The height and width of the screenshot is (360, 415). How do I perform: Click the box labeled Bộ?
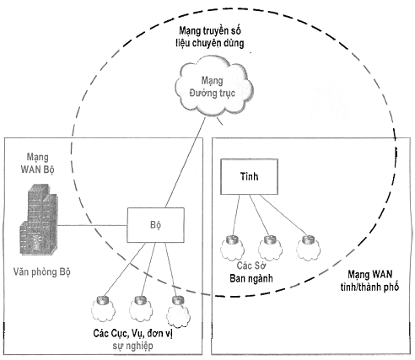(156, 225)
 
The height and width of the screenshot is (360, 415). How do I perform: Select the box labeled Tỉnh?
(249, 176)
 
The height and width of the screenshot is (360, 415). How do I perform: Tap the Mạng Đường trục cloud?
(213, 87)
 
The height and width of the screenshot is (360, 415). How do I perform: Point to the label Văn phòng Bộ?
(42, 272)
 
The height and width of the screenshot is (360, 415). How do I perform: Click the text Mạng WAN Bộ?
(37, 164)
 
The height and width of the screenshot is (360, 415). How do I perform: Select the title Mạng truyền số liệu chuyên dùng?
(210, 37)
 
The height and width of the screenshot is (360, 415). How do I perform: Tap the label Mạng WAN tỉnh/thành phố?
(369, 281)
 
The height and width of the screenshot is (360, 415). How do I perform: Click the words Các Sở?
(251, 265)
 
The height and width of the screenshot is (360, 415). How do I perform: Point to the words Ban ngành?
(251, 278)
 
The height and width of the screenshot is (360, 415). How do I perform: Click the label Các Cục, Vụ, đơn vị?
(132, 333)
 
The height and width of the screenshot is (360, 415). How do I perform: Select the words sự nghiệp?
(132, 346)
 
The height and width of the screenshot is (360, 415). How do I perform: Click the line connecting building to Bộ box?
(93, 225)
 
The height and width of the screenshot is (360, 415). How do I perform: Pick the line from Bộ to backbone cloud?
(186, 163)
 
